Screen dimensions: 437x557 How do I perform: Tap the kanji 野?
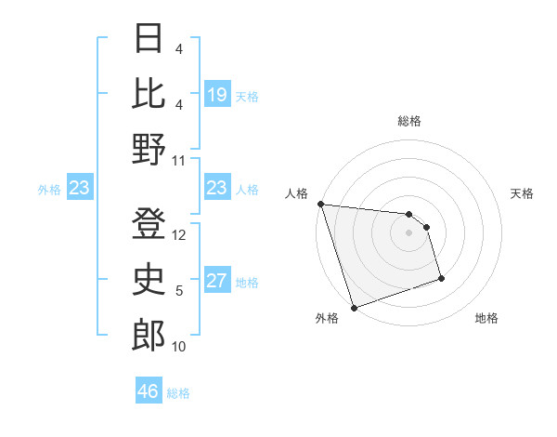point(149,149)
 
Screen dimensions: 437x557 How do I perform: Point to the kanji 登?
point(149,224)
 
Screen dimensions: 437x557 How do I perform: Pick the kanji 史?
point(149,280)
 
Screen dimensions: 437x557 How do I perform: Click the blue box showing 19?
point(216,95)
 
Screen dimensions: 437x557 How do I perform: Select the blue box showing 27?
point(216,282)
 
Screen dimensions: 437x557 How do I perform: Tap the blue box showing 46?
point(149,391)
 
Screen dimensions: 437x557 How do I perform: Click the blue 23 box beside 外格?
point(80,189)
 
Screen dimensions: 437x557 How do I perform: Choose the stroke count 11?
point(179,160)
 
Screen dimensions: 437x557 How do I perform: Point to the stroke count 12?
point(179,235)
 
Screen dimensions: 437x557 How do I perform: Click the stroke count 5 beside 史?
point(179,291)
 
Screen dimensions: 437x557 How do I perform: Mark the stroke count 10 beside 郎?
point(179,347)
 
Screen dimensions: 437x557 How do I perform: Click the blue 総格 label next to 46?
point(178,392)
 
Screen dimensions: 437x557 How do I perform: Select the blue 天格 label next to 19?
point(247,96)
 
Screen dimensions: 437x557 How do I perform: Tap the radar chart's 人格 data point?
point(320,204)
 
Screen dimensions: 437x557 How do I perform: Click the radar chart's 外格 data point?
point(354,308)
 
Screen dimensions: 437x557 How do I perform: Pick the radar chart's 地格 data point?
point(441,278)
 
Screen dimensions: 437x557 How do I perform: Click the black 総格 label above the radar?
point(409,121)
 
